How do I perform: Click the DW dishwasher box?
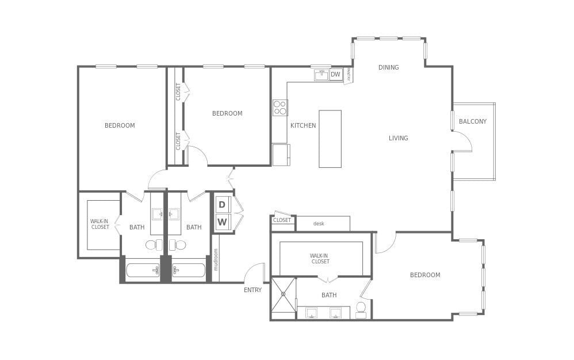click(x=335, y=75)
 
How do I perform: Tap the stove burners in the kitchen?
click(x=280, y=108)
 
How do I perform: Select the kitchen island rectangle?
click(x=330, y=139)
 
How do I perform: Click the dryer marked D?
click(x=222, y=205)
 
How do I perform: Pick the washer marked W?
click(x=222, y=222)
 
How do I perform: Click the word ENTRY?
click(x=252, y=290)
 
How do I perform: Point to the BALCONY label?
click(x=473, y=121)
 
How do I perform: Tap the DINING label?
click(x=388, y=67)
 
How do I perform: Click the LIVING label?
click(x=398, y=138)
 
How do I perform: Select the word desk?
click(x=319, y=224)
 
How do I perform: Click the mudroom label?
click(x=216, y=259)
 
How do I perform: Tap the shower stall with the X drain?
click(x=283, y=294)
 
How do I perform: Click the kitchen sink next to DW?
click(x=321, y=75)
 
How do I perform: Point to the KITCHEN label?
click(x=303, y=125)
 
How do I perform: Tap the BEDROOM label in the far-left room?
click(x=120, y=125)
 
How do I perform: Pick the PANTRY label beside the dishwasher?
click(x=349, y=75)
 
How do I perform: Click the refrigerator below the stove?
click(x=281, y=155)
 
